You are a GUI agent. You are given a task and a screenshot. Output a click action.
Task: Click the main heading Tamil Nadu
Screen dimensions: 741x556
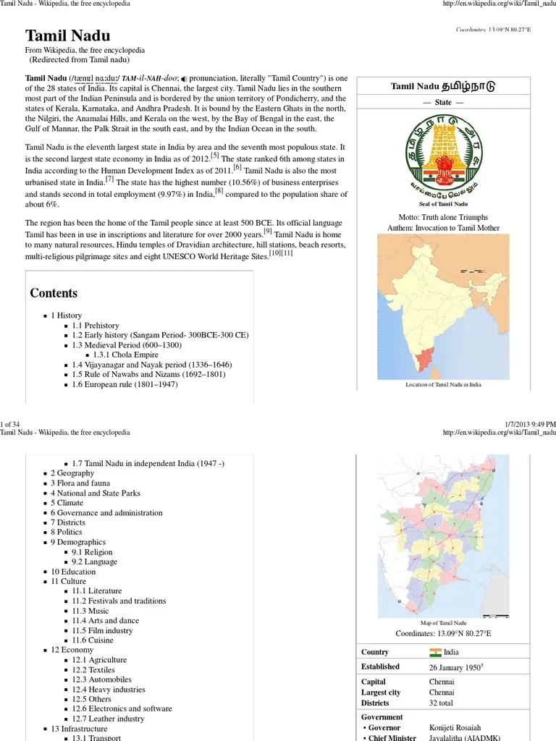(x=68, y=35)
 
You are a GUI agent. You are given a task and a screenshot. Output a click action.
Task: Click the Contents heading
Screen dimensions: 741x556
(x=54, y=293)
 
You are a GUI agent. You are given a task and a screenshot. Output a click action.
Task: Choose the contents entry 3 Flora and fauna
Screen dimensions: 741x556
(x=80, y=483)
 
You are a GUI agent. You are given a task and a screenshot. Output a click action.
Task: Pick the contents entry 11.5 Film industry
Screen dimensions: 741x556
(x=102, y=630)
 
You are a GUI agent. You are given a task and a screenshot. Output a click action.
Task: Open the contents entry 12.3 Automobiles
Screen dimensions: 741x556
(x=101, y=679)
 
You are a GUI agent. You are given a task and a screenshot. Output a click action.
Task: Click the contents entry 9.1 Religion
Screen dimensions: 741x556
(x=92, y=552)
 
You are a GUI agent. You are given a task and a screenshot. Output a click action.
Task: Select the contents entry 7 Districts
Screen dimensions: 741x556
(x=67, y=522)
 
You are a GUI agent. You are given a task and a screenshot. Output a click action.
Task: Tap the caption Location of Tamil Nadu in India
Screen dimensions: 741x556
(x=443, y=385)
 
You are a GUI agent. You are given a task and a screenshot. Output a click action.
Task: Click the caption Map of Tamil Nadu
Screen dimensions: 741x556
(x=443, y=622)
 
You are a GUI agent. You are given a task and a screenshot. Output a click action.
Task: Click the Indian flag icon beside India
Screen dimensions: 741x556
(x=435, y=652)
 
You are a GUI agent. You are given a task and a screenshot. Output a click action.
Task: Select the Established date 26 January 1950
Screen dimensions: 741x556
(x=455, y=666)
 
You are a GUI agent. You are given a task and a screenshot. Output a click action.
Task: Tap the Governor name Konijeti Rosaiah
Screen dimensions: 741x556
(x=455, y=727)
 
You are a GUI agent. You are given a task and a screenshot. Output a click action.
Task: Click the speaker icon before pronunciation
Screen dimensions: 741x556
(x=184, y=78)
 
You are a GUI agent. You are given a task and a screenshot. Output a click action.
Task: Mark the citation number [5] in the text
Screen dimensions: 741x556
(x=214, y=156)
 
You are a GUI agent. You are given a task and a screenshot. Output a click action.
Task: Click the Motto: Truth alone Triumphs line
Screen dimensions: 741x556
(x=443, y=217)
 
